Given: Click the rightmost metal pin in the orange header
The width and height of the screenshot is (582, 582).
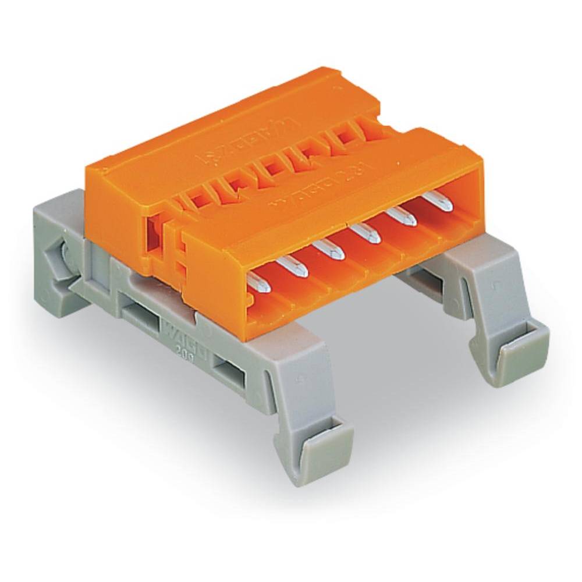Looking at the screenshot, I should click(x=438, y=201).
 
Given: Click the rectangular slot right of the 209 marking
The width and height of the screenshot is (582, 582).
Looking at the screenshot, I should click(x=228, y=369).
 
